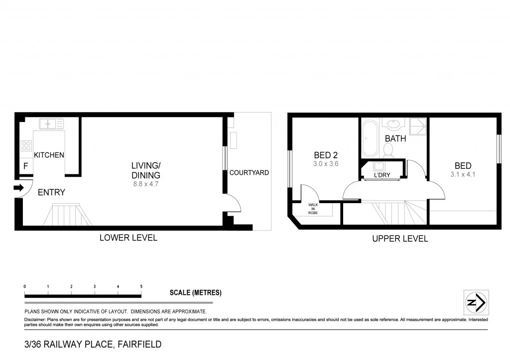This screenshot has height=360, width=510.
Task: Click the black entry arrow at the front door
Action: coord(18,188)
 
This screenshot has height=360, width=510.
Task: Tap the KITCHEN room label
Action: coord(49,155)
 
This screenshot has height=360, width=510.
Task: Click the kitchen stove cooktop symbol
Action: coord(26,146)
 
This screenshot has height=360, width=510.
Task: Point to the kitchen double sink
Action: coord(51,123)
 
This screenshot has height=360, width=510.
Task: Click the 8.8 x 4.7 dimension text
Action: coord(145,184)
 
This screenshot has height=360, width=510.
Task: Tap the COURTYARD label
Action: coord(249,173)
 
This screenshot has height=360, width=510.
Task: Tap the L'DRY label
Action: coord(382,175)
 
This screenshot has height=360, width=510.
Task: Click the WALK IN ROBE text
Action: coord(313,209)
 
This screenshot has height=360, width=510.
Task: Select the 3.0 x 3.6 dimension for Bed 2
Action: coord(326,164)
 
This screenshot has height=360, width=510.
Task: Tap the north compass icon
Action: coord(476,302)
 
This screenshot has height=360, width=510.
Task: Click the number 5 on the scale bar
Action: coord(141,287)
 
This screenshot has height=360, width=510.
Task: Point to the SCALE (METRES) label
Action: coord(195,293)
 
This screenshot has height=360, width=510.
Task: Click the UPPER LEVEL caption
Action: coord(400,239)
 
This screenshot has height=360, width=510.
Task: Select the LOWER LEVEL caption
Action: coord(128,238)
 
